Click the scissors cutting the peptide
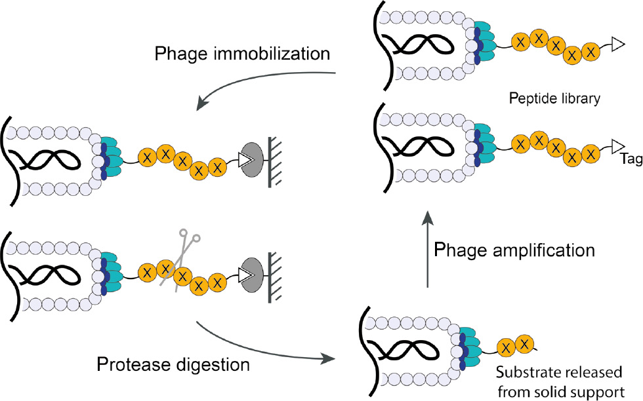[x=183, y=255]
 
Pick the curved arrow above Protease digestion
[x=262, y=344]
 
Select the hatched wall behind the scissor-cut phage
[x=274, y=271]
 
